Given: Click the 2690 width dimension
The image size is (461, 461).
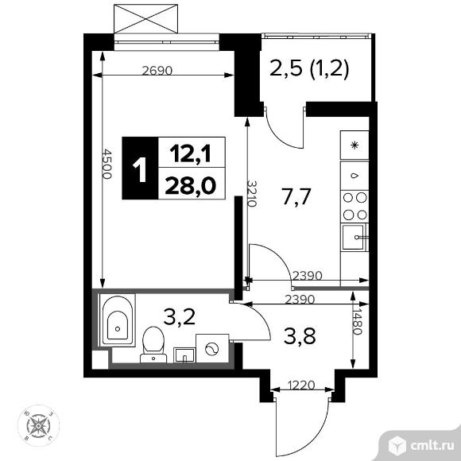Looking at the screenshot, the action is pos(157,71).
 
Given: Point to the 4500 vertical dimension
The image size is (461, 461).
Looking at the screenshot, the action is pos(107,164).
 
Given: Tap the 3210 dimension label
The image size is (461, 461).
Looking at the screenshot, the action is pos(251,193).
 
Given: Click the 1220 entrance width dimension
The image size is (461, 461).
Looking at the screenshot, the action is pos(301,385).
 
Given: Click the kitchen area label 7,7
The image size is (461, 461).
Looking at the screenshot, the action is pos(296,196).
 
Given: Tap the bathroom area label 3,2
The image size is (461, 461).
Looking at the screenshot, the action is pos(180,317).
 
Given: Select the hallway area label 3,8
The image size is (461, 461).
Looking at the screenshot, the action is pos(300,336).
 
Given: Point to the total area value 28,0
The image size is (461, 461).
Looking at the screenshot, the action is pos(191,185).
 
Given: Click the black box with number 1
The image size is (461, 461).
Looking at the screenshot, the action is pos(140,169).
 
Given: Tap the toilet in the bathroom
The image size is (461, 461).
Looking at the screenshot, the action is pos(153,345).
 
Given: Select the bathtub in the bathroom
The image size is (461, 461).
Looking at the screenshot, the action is pos(118,320).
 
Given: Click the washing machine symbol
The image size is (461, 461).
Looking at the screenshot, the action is pos(212,348).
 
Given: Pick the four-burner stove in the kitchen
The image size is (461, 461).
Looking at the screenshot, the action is pos(354,207).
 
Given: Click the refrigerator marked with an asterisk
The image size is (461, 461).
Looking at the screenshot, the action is pos(354,145).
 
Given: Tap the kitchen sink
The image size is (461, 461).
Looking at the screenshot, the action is pos(354,238).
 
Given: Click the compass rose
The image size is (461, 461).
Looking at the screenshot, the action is pos(38,425).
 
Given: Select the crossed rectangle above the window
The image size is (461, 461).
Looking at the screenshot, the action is pos(145,18).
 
